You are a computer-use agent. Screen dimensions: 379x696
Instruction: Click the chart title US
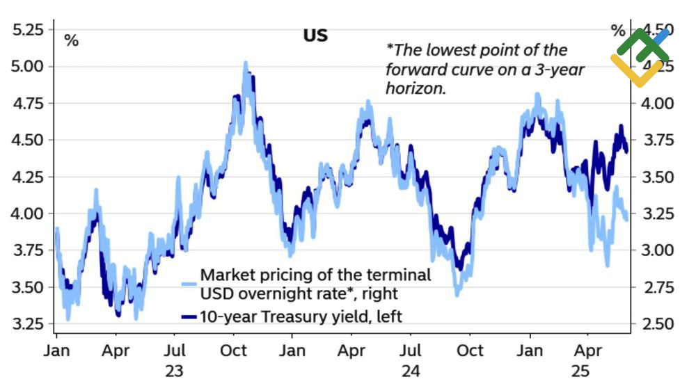tap(315, 35)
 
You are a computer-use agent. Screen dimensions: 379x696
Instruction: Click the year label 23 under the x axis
tap(174, 370)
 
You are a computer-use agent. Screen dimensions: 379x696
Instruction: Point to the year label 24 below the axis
tap(411, 370)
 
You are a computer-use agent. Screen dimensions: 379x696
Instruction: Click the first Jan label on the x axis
tap(57, 350)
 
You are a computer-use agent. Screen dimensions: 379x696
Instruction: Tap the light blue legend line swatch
tap(189, 284)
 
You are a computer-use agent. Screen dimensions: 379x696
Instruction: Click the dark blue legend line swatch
tap(189, 316)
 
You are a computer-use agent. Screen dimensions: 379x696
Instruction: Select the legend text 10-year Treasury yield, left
tap(301, 316)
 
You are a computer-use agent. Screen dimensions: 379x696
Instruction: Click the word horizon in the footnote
tap(415, 89)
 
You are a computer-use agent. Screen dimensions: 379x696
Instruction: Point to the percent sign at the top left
tap(71, 40)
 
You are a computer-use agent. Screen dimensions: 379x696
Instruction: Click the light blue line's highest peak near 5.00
tap(245, 63)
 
